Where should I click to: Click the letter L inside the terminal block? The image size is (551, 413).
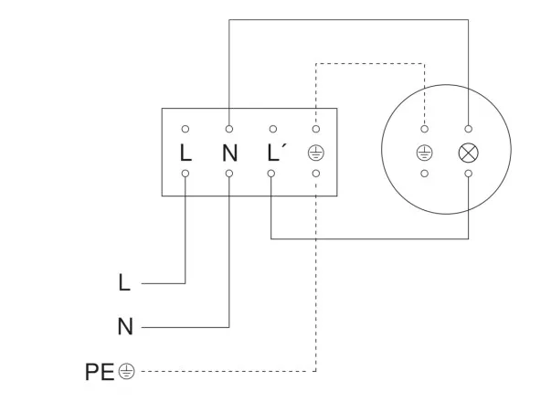[185, 151]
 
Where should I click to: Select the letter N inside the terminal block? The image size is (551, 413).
[229, 151]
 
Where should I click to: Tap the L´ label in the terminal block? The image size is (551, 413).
[276, 151]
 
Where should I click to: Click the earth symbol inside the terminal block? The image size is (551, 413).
[316, 152]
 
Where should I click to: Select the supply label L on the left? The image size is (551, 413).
[124, 283]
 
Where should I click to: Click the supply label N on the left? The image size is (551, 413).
[125, 326]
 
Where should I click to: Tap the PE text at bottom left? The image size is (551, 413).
[99, 372]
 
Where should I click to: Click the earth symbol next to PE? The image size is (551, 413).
[127, 372]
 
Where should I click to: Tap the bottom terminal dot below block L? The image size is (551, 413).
[185, 173]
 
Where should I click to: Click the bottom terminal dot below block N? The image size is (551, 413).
[229, 173]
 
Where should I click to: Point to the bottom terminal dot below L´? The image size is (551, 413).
[272, 173]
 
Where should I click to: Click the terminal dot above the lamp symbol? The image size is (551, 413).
[469, 129]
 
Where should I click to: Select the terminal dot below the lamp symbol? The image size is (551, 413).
[469, 173]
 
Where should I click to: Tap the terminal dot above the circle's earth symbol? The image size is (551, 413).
[424, 129]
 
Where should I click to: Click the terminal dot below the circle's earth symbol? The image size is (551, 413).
[424, 173]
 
